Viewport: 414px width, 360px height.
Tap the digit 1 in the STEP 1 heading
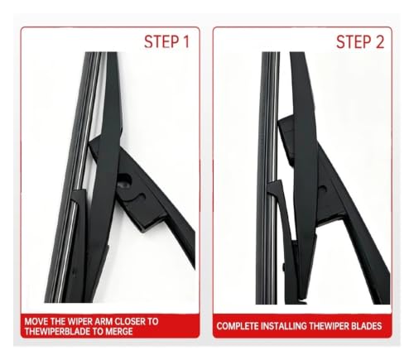(x=186, y=42)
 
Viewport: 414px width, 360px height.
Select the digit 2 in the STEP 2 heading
(x=379, y=42)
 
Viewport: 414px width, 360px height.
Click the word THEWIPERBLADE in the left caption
(x=57, y=331)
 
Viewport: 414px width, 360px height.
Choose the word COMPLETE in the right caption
(x=238, y=326)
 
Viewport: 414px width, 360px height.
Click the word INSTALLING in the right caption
(x=284, y=326)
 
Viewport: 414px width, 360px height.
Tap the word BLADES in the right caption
(x=367, y=326)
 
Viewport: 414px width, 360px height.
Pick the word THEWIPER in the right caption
(x=330, y=326)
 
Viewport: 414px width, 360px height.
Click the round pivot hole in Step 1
(x=124, y=182)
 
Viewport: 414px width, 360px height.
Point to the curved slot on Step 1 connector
(x=138, y=197)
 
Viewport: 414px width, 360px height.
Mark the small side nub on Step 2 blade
(x=284, y=267)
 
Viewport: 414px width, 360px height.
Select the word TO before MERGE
(x=97, y=331)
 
